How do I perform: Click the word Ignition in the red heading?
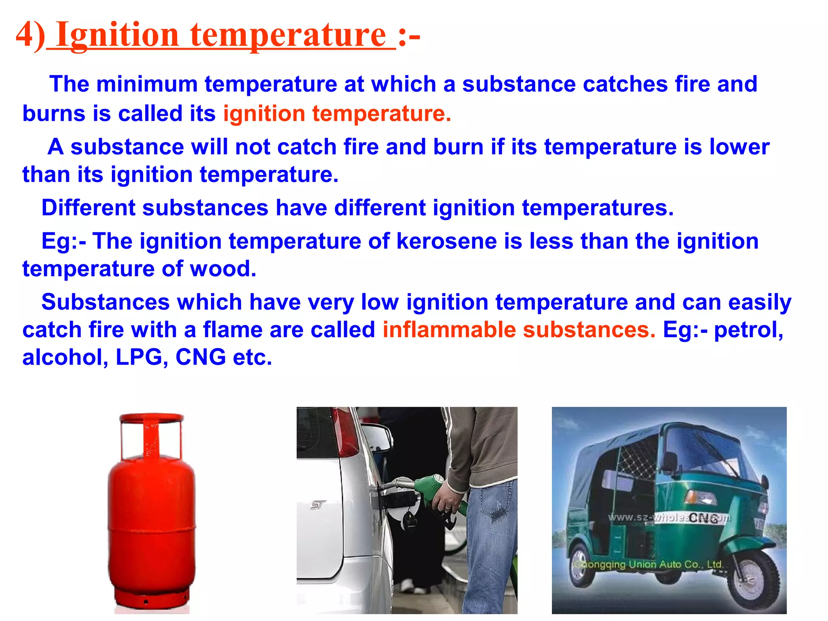(x=117, y=36)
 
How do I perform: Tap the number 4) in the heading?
(x=30, y=36)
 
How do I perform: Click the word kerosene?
(x=446, y=241)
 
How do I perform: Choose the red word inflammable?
(x=449, y=330)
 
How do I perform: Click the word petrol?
(x=748, y=330)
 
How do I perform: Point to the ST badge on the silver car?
(x=318, y=505)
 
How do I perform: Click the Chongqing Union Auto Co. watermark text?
(x=649, y=564)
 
